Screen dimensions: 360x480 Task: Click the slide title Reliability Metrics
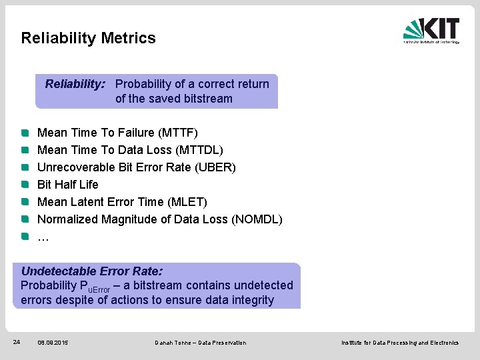click(x=88, y=38)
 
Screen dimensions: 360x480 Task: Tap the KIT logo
click(x=431, y=30)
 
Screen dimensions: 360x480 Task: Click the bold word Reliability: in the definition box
click(x=75, y=84)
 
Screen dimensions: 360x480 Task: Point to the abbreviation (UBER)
click(x=215, y=167)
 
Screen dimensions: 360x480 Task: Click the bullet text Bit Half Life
click(x=67, y=185)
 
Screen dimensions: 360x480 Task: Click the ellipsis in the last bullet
click(x=43, y=237)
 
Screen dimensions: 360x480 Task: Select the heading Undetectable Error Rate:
click(x=92, y=271)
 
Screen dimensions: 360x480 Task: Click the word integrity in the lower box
click(x=250, y=300)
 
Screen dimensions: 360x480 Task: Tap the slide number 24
click(x=17, y=342)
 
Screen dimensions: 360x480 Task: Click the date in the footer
click(x=53, y=343)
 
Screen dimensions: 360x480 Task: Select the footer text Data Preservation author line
click(x=200, y=343)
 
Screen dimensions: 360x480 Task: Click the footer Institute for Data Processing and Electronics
click(x=400, y=343)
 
